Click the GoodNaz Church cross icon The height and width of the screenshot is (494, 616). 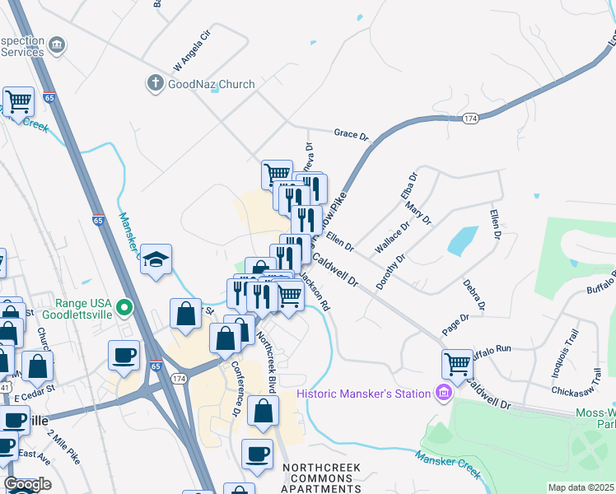155,83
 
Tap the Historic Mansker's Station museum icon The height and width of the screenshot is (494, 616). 444,393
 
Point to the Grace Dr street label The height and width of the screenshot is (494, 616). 351,133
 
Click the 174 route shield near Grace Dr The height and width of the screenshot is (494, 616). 469,119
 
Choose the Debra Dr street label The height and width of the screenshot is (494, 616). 474,296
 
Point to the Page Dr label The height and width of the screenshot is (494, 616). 455,323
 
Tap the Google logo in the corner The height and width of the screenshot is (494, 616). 27,484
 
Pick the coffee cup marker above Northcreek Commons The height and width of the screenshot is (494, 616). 257,453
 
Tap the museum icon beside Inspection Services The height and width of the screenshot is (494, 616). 57,44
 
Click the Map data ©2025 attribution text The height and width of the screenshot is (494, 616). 580,487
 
